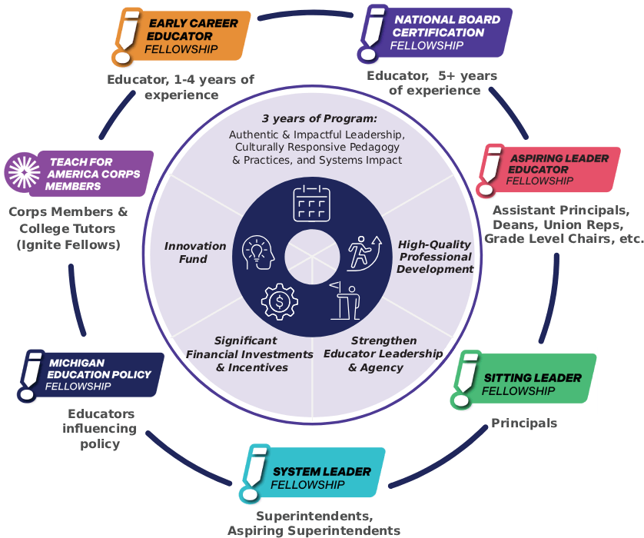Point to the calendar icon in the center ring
[x=311, y=203]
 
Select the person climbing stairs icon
[x=364, y=252]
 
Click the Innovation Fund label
[x=194, y=253]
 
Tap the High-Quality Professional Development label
[x=435, y=257]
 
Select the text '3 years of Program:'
[x=319, y=119]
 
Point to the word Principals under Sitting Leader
[x=524, y=423]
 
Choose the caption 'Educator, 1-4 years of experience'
[x=181, y=87]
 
